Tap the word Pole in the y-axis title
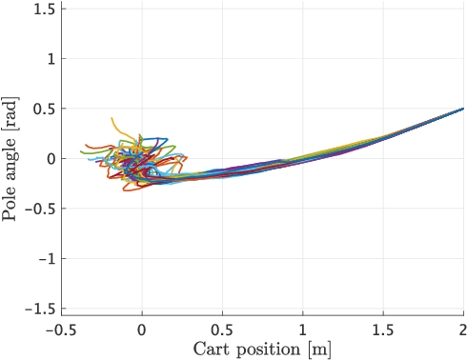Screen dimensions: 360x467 (x=11, y=204)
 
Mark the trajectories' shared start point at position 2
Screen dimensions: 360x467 (x=463, y=109)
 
